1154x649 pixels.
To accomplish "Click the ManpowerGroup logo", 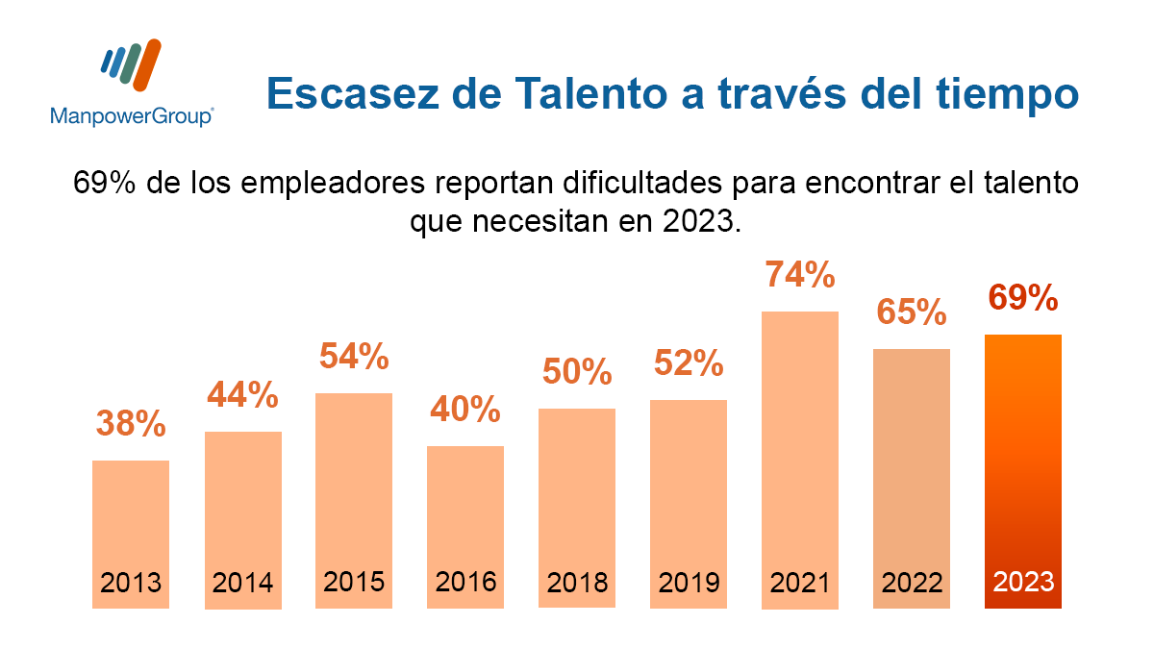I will [132, 83].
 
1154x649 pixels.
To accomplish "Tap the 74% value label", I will [800, 276].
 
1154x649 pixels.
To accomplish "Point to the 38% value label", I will [131, 424].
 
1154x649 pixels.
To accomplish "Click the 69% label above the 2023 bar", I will [1023, 298].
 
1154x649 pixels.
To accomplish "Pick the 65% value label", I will [912, 312].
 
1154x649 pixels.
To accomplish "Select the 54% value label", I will [354, 358].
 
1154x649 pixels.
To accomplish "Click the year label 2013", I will [131, 583].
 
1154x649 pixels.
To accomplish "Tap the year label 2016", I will [465, 582].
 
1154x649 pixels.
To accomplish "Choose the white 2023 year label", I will [1023, 582].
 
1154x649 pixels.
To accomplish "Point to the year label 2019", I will [689, 583].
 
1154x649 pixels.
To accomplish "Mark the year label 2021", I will [800, 583].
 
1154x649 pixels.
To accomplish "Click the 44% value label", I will [242, 394].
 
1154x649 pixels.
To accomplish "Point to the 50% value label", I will [577, 372].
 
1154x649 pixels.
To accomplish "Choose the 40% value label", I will [465, 410].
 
